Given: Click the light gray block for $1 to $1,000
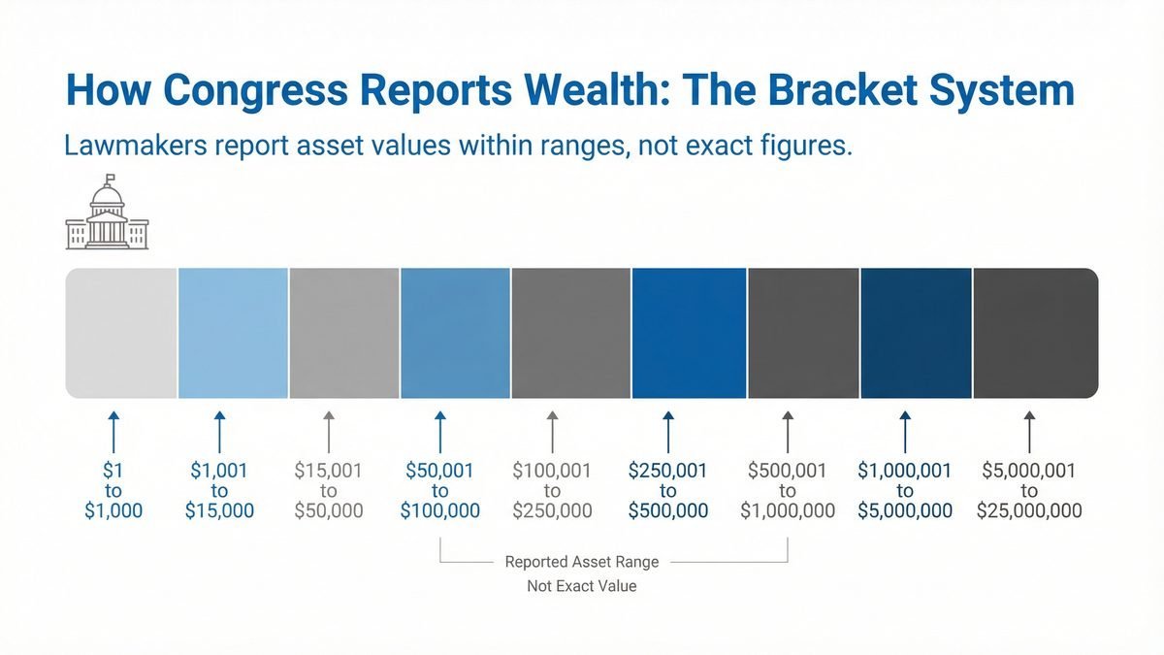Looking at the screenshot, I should click(121, 333).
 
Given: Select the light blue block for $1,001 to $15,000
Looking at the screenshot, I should click(233, 333).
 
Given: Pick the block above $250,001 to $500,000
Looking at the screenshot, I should click(689, 333).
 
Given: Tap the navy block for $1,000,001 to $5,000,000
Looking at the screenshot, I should click(916, 333).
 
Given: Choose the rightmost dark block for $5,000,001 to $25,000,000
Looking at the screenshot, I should click(1035, 333).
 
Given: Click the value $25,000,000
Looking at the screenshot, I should click(1029, 511).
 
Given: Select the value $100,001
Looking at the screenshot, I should click(552, 472).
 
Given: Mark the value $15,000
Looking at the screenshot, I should click(219, 511).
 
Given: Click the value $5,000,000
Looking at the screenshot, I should click(905, 511).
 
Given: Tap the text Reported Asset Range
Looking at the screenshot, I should click(582, 562).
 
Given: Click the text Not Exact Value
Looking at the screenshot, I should click(582, 586).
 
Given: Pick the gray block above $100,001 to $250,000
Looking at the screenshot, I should click(570, 333).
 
